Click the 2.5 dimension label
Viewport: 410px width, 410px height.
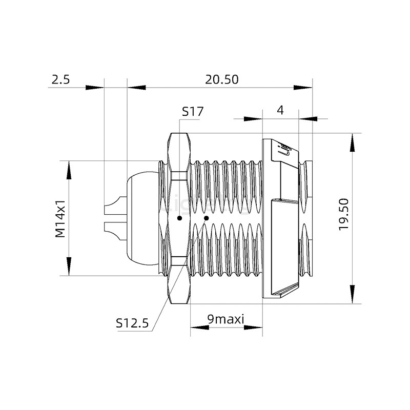[60, 79]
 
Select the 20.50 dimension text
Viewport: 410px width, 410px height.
[222, 79]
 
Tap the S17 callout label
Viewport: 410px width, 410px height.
[193, 111]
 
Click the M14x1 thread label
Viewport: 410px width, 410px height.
[60, 218]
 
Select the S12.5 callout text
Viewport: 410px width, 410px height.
[132, 323]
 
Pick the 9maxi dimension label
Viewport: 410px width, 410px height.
[225, 319]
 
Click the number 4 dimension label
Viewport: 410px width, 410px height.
[280, 110]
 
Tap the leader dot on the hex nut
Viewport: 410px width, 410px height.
[179, 218]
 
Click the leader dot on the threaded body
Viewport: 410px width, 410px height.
[206, 218]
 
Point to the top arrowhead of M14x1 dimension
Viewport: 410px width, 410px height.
[68, 170]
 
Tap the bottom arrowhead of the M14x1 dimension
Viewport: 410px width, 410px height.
[68, 267]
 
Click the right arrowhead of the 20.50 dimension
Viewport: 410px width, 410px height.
[303, 87]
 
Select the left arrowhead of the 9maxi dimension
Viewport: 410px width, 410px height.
[199, 326]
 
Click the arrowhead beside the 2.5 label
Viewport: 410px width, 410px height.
[94, 87]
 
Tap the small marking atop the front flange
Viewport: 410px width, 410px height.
[284, 149]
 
